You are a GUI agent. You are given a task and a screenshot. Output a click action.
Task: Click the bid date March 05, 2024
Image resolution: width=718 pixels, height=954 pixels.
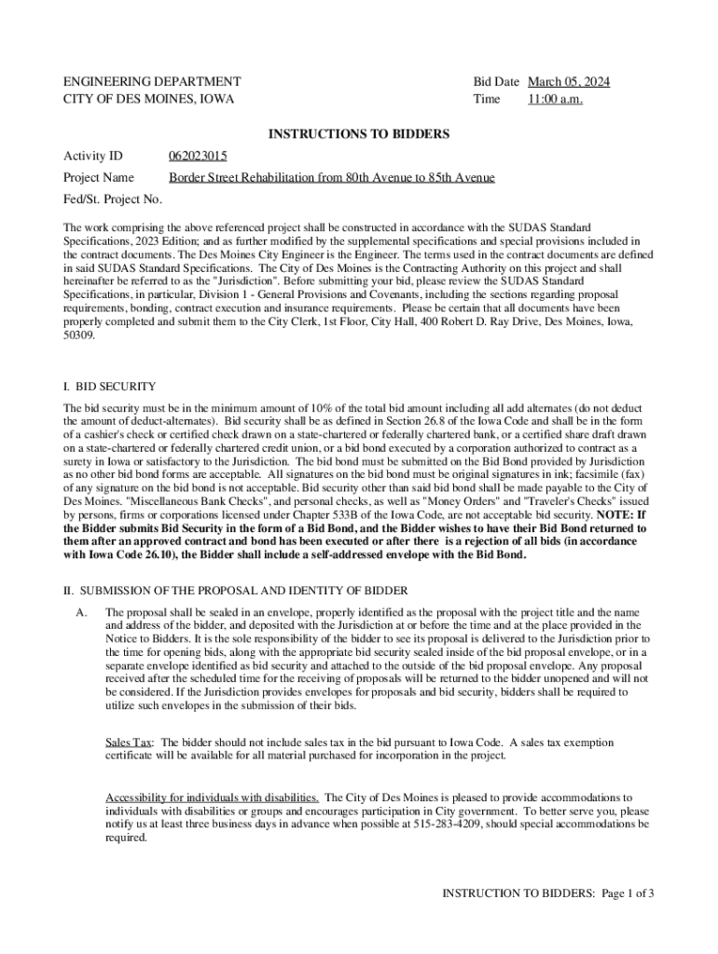point(569,82)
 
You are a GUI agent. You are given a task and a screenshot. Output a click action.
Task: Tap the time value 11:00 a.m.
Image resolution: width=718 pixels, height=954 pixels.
point(555,99)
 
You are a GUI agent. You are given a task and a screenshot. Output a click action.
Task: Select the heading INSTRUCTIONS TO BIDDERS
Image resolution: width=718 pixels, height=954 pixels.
point(359,134)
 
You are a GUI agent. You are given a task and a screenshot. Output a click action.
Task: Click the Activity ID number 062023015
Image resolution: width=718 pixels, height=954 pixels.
point(198,156)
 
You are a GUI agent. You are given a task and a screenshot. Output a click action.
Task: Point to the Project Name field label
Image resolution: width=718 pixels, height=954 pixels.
point(98,177)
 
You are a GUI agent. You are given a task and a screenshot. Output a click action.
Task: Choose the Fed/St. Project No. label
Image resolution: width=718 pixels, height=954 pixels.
point(112,199)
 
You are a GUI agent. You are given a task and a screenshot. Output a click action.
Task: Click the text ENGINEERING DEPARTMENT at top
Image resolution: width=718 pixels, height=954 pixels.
point(152,82)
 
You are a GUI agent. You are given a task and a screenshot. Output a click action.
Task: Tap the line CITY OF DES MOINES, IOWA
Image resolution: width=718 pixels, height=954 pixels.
point(148,99)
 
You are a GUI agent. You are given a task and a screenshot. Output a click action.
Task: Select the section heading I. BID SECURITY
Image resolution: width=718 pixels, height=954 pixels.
point(109,386)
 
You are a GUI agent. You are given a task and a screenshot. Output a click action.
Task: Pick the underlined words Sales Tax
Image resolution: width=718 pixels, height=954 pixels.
point(129,743)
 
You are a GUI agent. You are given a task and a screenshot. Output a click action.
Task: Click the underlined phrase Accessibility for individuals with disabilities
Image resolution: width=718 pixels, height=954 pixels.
point(213,797)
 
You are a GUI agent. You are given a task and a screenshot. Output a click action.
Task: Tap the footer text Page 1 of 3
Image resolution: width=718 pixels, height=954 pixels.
point(628,893)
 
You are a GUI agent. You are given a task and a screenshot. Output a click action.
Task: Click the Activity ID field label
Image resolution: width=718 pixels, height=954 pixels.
point(92,156)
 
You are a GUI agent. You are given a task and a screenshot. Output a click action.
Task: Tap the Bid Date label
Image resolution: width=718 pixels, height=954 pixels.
point(496,82)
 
